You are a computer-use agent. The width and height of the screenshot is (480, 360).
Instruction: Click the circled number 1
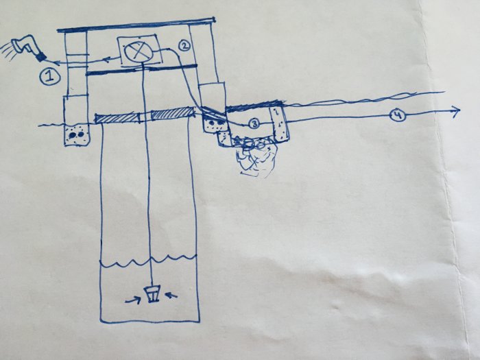(49, 76)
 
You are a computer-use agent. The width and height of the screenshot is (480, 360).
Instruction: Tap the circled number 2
(184, 46)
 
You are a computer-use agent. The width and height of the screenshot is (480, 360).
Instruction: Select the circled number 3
(254, 123)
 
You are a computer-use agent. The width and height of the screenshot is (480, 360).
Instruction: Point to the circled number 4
(397, 116)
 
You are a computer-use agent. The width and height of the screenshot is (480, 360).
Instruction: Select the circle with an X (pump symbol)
(137, 51)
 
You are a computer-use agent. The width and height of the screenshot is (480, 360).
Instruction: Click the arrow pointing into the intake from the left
(133, 300)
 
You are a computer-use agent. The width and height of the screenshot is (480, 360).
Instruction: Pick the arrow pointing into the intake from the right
(171, 295)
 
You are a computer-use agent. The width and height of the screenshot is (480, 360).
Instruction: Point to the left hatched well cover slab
(117, 118)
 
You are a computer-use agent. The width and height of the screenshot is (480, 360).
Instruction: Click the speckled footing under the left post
(77, 134)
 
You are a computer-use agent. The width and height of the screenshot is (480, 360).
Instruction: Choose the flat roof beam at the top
(136, 25)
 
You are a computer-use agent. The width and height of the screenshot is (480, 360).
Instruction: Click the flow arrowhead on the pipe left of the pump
(106, 59)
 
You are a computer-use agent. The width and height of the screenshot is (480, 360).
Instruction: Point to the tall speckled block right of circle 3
(278, 124)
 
